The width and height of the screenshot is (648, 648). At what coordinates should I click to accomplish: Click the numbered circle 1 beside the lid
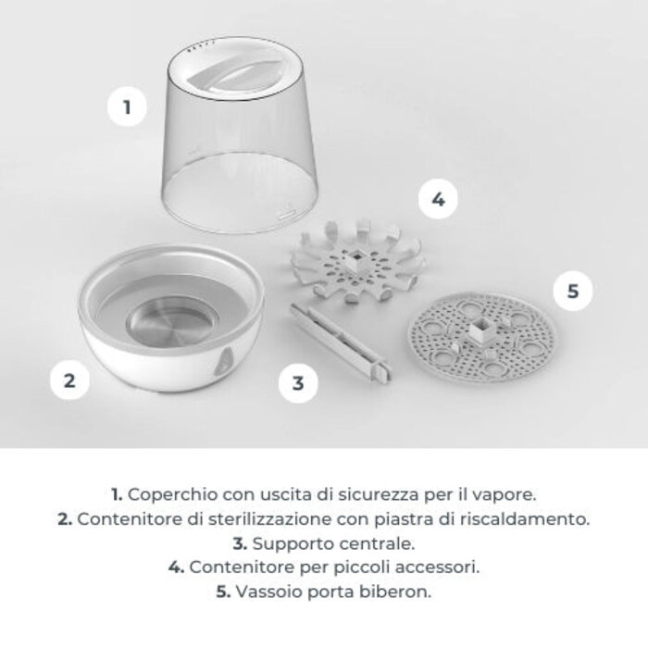pyautogui.click(x=127, y=107)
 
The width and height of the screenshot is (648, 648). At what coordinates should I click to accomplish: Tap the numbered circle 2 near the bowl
pyautogui.click(x=69, y=380)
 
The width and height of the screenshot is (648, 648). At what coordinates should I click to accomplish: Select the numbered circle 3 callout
pyautogui.click(x=298, y=382)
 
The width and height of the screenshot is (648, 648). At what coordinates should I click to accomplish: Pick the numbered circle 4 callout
pyautogui.click(x=438, y=199)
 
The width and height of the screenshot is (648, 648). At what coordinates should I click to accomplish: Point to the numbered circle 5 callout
pyautogui.click(x=573, y=291)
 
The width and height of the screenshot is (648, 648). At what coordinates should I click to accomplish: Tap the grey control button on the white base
pyautogui.click(x=224, y=362)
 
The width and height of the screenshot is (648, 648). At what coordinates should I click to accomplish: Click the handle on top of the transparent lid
pyautogui.click(x=232, y=75)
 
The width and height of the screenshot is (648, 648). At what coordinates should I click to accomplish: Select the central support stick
pyautogui.click(x=340, y=343)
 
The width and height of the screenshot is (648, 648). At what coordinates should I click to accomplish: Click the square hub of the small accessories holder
pyautogui.click(x=355, y=261)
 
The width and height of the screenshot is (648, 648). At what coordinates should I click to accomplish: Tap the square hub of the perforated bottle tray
pyautogui.click(x=482, y=330)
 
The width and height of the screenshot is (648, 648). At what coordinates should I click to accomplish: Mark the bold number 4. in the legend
pyautogui.click(x=176, y=567)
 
